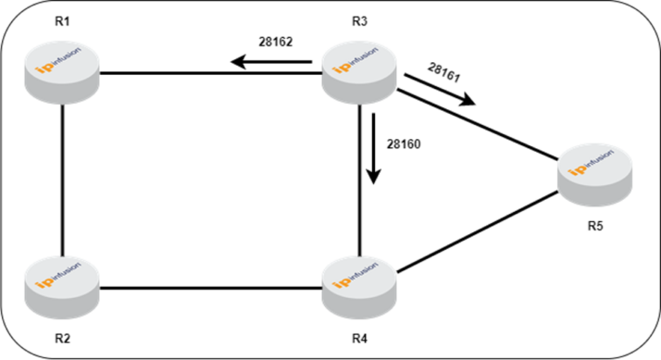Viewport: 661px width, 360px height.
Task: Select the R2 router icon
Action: (x=63, y=280)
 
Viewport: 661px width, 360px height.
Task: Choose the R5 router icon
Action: (x=596, y=176)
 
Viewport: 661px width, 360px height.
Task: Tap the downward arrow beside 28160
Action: (x=374, y=148)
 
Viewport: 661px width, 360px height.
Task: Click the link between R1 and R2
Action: (x=62, y=176)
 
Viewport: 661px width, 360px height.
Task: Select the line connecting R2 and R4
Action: (x=211, y=288)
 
